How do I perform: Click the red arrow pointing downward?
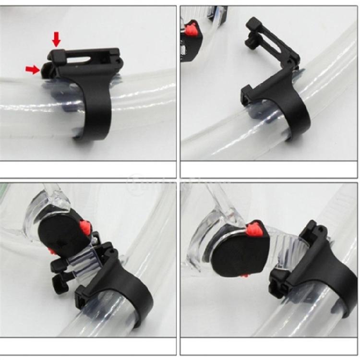point(57,38)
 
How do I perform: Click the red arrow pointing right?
point(33,70)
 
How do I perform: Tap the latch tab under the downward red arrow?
point(57,54)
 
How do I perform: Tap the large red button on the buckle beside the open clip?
point(85,228)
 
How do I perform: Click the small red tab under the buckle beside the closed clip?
point(244,275)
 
